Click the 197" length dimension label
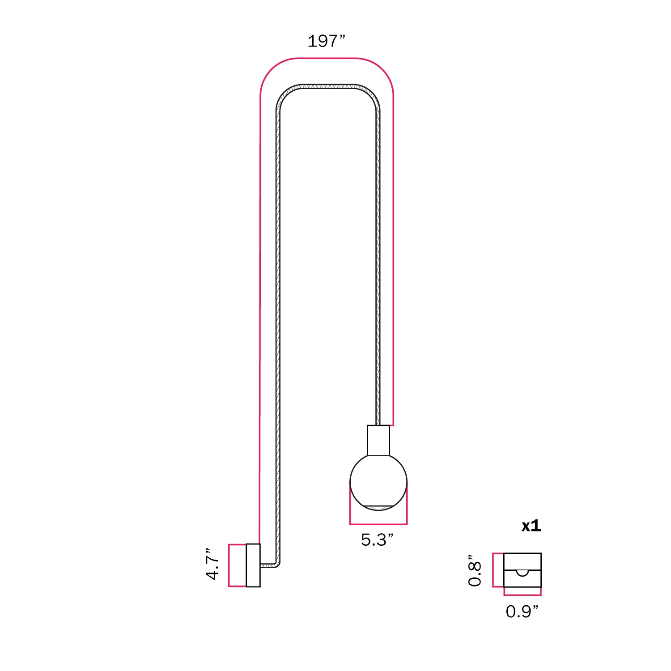click(326, 42)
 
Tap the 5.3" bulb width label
click(377, 540)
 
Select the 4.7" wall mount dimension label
click(212, 565)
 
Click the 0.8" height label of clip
click(475, 570)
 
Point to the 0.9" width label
click(522, 612)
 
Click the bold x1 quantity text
click(531, 526)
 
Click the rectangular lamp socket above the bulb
click(378, 440)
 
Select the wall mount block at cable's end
click(253, 565)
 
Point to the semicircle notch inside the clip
click(522, 573)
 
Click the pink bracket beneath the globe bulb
click(378, 523)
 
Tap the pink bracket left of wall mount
click(230, 565)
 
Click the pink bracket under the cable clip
click(522, 595)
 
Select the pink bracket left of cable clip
click(494, 570)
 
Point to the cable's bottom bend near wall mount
click(278, 564)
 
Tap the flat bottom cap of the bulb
click(378, 506)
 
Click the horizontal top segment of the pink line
click(327, 58)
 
